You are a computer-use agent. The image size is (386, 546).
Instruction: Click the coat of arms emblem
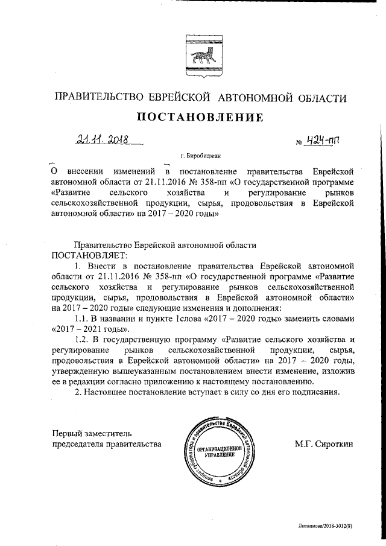192,54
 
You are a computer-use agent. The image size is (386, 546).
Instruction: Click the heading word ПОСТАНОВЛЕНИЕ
193,118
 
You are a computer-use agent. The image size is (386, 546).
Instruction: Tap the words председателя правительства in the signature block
106,445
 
